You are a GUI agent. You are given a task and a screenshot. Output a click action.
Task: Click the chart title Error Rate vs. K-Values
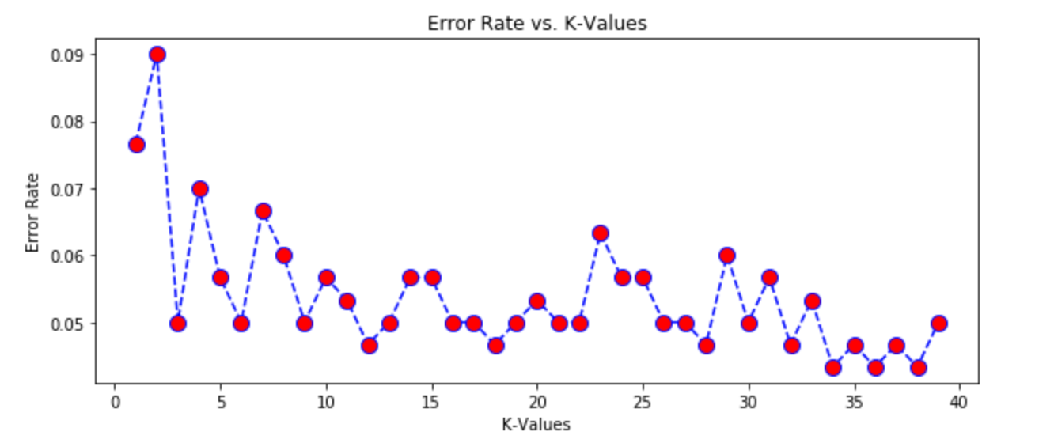coord(536,24)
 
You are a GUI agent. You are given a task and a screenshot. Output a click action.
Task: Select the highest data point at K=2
coord(157,55)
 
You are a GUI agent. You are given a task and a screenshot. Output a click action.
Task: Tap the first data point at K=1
coord(136,145)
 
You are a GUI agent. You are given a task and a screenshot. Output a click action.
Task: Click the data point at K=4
coord(199,189)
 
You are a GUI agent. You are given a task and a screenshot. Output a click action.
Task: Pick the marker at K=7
coord(263,211)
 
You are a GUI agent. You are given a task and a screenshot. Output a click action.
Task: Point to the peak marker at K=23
coord(601,233)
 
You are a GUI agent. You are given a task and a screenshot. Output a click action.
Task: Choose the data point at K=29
coord(727,256)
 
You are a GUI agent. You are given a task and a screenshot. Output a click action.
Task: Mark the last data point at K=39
coord(938,323)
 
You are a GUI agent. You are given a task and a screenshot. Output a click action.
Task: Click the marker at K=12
coord(369,346)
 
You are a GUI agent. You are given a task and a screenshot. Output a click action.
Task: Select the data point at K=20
coord(537,301)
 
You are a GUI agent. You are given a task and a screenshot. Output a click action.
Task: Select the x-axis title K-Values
coord(536,425)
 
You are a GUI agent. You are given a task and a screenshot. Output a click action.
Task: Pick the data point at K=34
coord(832,368)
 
